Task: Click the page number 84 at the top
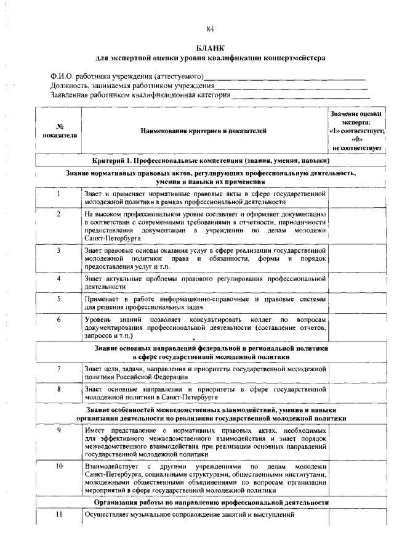click(x=210, y=29)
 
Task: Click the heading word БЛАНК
click(x=210, y=47)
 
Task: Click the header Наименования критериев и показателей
click(x=204, y=131)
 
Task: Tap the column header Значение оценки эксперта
click(x=356, y=131)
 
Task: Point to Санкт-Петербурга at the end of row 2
click(x=106, y=237)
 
